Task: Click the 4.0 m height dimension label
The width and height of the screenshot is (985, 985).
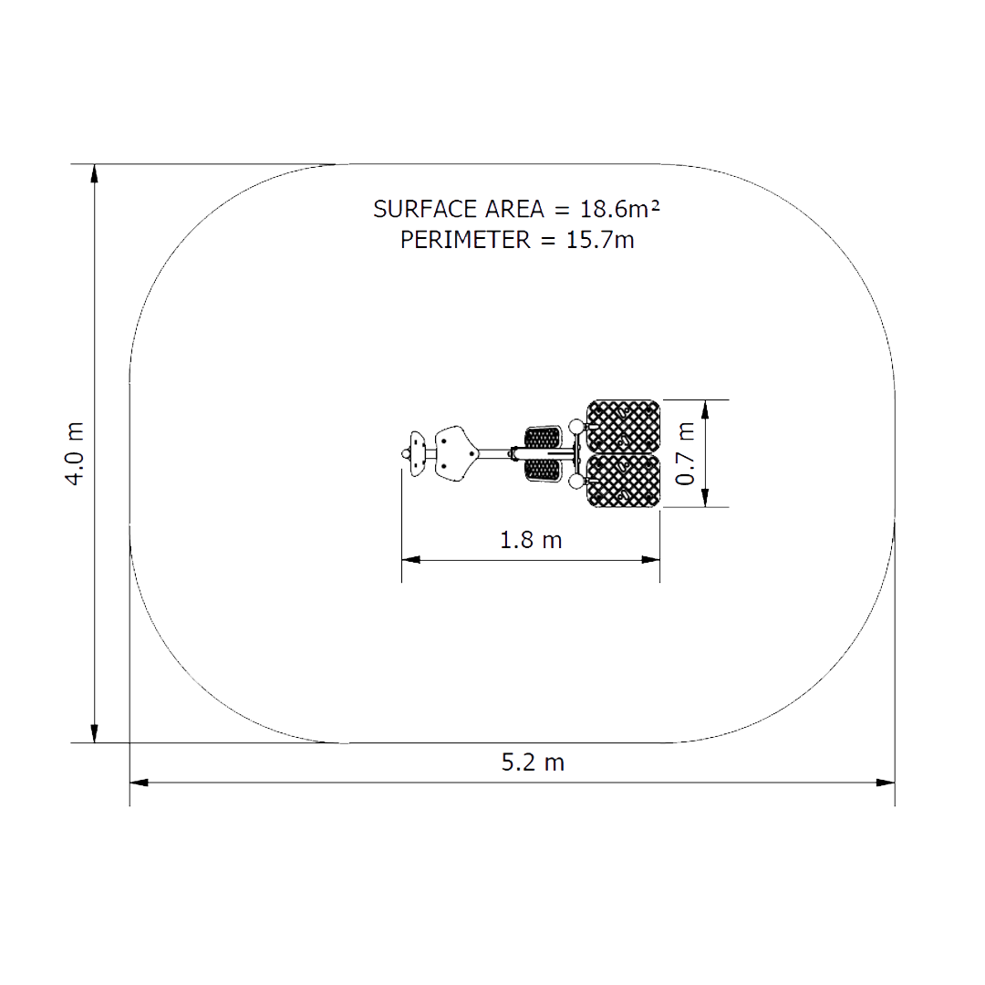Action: tap(75, 453)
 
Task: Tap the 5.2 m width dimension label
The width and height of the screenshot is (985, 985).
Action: tap(533, 762)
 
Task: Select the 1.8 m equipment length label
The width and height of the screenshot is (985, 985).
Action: tap(531, 540)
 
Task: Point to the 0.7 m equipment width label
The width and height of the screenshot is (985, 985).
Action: tap(685, 453)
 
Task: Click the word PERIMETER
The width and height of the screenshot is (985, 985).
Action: tap(465, 240)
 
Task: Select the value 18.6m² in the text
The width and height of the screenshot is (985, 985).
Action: tap(619, 209)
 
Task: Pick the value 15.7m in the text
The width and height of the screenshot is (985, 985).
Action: tap(600, 240)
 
